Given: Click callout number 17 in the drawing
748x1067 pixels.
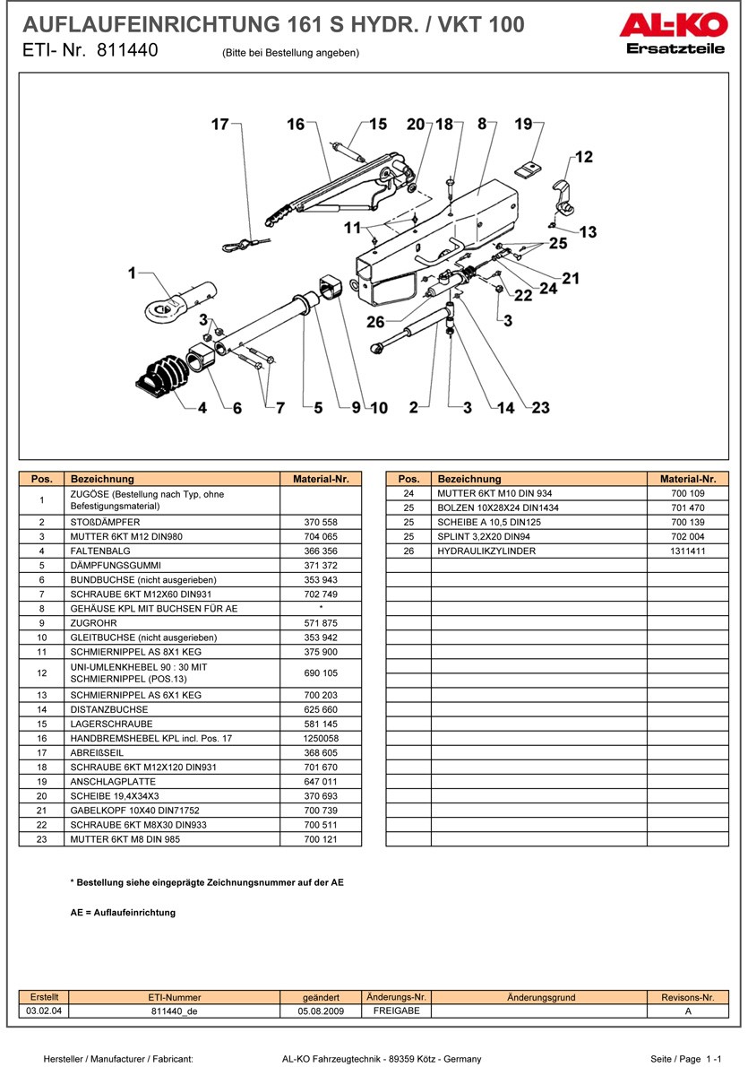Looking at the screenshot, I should (x=220, y=125).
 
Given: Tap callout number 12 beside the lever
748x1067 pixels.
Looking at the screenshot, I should (x=583, y=158).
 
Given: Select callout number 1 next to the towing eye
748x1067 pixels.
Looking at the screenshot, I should (x=133, y=273).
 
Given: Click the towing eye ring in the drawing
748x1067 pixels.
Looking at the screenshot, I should (x=161, y=309).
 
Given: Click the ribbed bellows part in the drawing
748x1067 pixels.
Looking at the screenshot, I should (x=160, y=377).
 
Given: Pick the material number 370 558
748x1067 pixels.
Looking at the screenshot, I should (x=321, y=522).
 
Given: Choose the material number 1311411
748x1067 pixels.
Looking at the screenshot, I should (x=687, y=551).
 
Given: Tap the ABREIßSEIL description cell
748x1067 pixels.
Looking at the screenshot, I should (x=93, y=753).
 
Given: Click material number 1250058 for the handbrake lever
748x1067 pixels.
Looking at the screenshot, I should (x=321, y=739).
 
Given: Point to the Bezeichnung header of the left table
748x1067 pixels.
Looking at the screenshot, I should (x=102, y=479).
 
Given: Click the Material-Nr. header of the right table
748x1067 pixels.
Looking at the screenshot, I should (x=687, y=479).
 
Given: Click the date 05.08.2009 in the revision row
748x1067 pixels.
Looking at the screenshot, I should (x=321, y=1011).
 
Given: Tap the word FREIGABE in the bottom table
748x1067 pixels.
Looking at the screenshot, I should (x=396, y=1011).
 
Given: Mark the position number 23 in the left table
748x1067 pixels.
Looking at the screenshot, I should (x=42, y=839).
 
